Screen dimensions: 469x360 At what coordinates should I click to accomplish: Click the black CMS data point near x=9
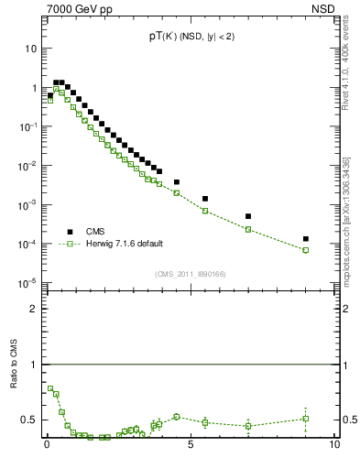[x=306, y=239]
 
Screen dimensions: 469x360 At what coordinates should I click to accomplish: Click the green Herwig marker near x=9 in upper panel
[x=306, y=250]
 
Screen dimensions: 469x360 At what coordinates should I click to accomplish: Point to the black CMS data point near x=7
[x=248, y=216]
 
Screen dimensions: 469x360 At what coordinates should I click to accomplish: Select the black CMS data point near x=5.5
[x=205, y=199]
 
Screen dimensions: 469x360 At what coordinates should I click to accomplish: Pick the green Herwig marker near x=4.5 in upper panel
[x=177, y=193]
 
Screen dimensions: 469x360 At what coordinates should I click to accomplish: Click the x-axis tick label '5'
[x=191, y=447]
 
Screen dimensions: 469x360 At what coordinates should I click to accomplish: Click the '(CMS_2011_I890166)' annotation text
[x=190, y=274]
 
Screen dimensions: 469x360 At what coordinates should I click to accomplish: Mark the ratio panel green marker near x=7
[x=248, y=425]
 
